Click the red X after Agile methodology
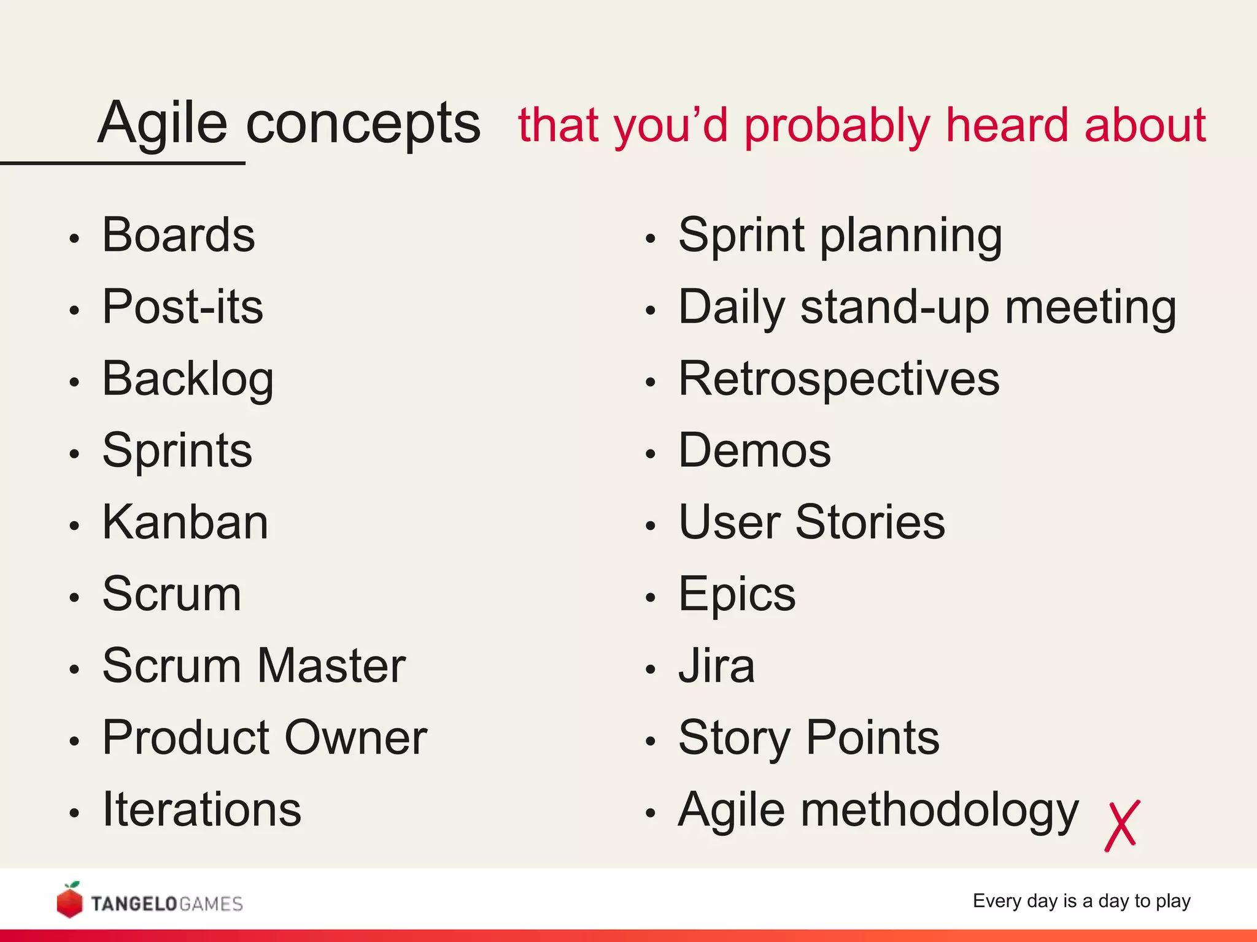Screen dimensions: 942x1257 coord(1122,825)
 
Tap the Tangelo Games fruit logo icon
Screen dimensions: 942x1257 coord(69,900)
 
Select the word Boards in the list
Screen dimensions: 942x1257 coord(178,235)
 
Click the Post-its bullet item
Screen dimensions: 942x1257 coord(182,307)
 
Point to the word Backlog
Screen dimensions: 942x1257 coord(188,380)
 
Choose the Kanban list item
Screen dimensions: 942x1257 coord(185,523)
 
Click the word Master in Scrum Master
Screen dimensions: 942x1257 coord(331,666)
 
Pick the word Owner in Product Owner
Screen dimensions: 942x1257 coord(356,738)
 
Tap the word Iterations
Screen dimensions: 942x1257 coord(201,810)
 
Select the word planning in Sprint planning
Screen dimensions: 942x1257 coord(911,237)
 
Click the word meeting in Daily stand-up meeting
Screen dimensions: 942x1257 coord(1091,307)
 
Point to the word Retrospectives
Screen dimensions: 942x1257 coord(838,380)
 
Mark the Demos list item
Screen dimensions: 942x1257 coord(754,451)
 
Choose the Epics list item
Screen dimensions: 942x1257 coord(737,595)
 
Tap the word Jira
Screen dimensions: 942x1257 coord(716,666)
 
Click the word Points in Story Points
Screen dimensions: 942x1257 coord(872,738)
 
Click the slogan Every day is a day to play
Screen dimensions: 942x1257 coord(1081,901)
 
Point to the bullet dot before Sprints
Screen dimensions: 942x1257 coord(74,454)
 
